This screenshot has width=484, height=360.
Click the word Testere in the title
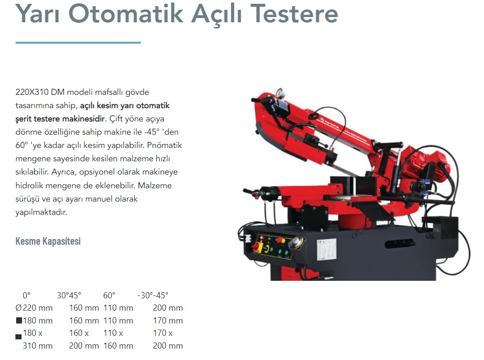click(294, 14)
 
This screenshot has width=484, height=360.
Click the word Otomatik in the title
click(126, 14)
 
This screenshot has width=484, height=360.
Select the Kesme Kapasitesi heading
click(48, 241)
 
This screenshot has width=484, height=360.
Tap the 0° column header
click(27, 295)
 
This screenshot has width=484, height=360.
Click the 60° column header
click(110, 295)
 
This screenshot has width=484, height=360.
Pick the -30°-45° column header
click(153, 295)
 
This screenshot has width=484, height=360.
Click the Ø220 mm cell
click(34, 308)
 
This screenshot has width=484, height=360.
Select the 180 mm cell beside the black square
click(37, 321)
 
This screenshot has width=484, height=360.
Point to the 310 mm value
click(37, 346)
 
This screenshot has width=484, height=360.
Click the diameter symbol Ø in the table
click(19, 308)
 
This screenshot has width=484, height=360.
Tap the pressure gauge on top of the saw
click(280, 92)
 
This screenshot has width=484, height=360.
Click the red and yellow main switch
click(257, 247)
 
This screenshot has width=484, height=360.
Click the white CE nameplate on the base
click(327, 249)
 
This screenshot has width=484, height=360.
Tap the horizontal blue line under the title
click(78, 43)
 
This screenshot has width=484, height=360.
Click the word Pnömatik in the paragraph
click(164, 145)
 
